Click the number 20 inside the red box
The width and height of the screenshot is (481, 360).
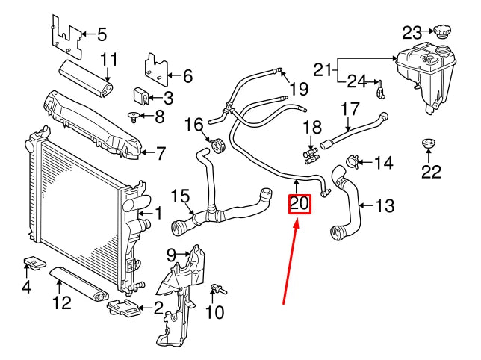[300, 203]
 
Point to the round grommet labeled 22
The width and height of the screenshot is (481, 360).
[428, 143]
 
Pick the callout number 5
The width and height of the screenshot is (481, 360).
[102, 34]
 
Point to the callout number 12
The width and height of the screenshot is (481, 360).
[62, 302]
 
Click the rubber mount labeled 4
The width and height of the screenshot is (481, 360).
[34, 264]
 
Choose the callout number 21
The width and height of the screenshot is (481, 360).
[322, 70]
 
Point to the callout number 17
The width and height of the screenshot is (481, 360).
[351, 109]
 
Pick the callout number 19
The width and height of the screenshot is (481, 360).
[299, 90]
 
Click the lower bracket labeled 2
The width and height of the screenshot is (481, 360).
[123, 307]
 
